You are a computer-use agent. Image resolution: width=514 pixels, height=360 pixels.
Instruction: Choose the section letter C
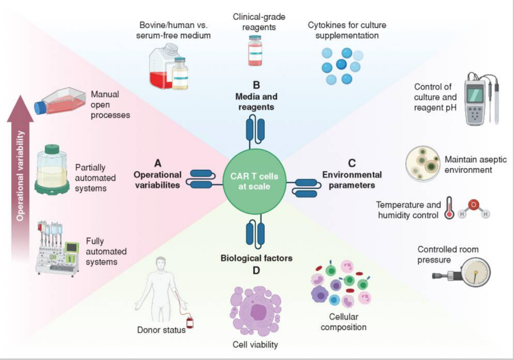pos(351,163)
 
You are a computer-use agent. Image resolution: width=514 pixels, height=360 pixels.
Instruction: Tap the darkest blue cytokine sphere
pos(341,64)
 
